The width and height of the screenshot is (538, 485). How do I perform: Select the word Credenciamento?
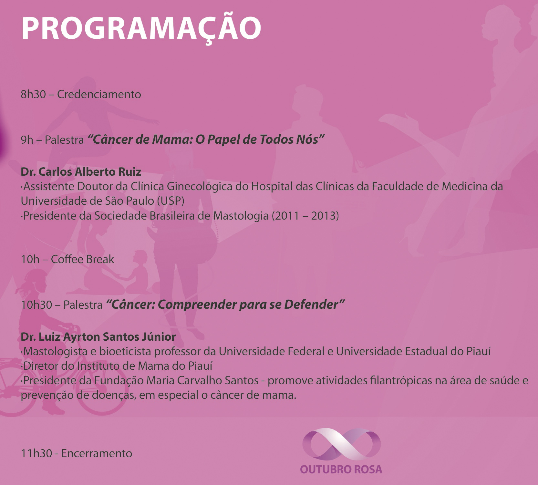[x=99, y=94]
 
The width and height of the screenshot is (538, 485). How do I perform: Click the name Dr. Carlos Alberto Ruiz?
[x=81, y=171]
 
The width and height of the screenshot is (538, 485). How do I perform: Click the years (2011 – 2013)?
[x=305, y=216]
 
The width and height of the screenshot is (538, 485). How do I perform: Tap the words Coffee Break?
[x=82, y=259]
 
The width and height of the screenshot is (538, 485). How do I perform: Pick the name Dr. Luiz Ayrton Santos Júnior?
[x=98, y=337]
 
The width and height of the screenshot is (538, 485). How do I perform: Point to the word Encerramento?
[x=97, y=453]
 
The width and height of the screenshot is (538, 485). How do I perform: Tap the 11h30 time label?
[x=36, y=453]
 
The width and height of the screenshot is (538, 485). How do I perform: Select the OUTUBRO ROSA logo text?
[x=341, y=469]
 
